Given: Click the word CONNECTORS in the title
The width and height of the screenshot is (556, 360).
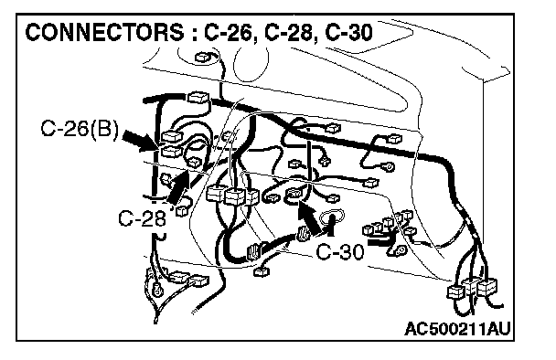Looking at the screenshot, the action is (x=104, y=33).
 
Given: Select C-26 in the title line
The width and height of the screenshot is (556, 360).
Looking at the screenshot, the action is (x=229, y=33).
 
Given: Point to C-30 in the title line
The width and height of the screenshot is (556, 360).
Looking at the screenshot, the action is (x=348, y=33).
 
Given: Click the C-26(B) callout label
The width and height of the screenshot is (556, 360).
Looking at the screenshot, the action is (x=80, y=129).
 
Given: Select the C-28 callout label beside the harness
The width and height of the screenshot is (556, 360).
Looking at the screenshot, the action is (x=142, y=217).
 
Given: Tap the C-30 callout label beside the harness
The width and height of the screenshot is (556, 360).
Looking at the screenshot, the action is (x=340, y=252).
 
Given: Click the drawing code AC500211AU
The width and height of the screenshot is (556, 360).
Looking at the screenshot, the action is (x=457, y=329).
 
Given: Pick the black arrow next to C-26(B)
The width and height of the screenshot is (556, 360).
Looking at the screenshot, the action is (x=139, y=140).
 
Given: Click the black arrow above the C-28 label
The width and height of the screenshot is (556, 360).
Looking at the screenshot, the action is (x=179, y=188).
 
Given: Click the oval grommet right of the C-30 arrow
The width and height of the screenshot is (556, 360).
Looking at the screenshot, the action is (x=332, y=216).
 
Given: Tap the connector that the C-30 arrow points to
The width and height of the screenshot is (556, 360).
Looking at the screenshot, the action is (x=294, y=194).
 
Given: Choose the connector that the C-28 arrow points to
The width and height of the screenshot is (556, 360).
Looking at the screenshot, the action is (x=195, y=163).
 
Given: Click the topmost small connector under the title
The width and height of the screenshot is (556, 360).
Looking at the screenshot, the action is (x=202, y=57).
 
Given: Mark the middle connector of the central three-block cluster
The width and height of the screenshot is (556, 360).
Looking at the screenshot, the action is (x=235, y=196).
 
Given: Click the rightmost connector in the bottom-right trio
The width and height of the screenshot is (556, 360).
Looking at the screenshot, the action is (x=487, y=287).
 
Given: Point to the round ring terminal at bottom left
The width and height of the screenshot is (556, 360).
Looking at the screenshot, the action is (x=157, y=290).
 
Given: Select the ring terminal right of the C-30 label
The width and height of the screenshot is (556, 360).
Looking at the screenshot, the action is (x=401, y=251).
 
